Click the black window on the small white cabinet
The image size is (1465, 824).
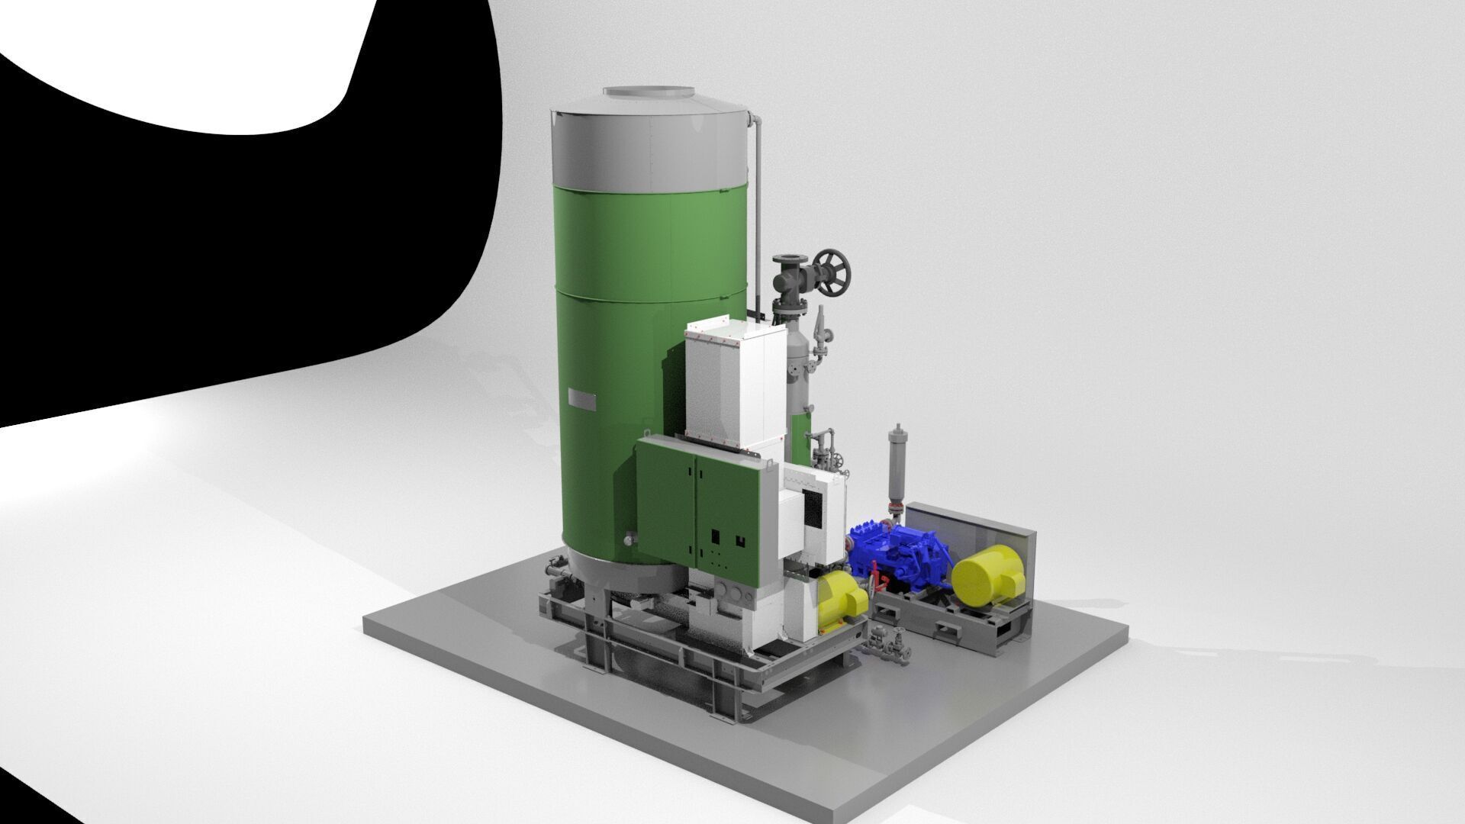[815, 510]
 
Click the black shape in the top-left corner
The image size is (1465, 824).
[191, 229]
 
